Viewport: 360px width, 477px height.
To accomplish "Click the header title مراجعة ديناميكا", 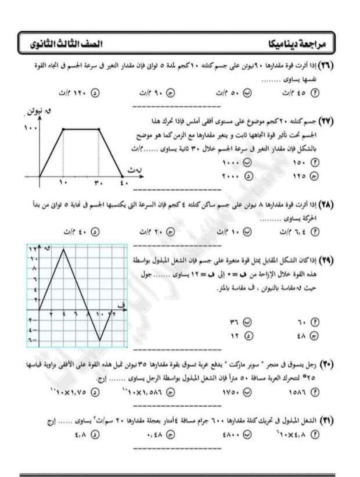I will (296, 45).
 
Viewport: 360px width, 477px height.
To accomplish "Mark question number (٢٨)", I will (333, 205).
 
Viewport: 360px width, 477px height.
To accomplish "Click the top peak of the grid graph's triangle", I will (63, 249).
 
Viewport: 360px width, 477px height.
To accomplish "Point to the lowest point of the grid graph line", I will (100, 340).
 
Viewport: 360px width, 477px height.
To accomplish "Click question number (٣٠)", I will (333, 364).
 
